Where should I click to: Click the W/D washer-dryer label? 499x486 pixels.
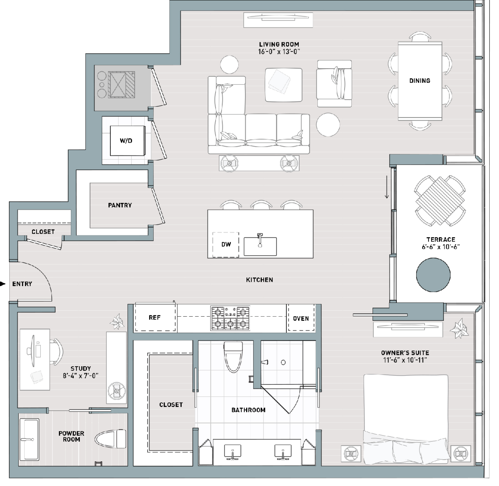[126, 141]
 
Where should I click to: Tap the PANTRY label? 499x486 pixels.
[120, 205]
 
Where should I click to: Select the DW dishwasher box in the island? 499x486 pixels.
[226, 244]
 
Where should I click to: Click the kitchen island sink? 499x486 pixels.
[260, 246]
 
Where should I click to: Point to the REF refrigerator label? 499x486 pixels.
[155, 318]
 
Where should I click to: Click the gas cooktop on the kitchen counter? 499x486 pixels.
[230, 318]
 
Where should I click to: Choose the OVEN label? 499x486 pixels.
[301, 319]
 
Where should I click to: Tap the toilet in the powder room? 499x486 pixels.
[110, 439]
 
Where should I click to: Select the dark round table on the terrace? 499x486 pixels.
[433, 275]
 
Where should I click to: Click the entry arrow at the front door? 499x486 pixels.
[3, 284]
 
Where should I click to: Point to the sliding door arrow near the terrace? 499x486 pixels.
[387, 187]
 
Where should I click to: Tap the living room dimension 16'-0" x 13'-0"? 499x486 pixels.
[279, 52]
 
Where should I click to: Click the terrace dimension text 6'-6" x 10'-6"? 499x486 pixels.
[440, 247]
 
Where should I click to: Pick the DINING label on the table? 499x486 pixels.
[420, 81]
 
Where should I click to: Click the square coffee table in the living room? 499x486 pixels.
[283, 85]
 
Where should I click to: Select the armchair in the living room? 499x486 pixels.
[334, 83]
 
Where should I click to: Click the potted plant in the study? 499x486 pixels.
[117, 322]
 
